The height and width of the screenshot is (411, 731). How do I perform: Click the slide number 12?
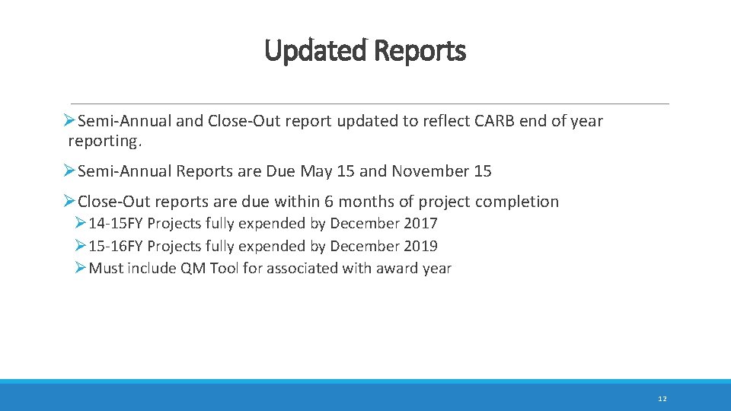click(662, 399)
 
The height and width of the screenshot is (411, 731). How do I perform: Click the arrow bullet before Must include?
click(81, 269)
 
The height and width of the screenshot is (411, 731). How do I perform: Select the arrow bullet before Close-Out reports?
click(69, 202)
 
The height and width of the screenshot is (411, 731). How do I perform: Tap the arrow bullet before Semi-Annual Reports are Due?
click(69, 171)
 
